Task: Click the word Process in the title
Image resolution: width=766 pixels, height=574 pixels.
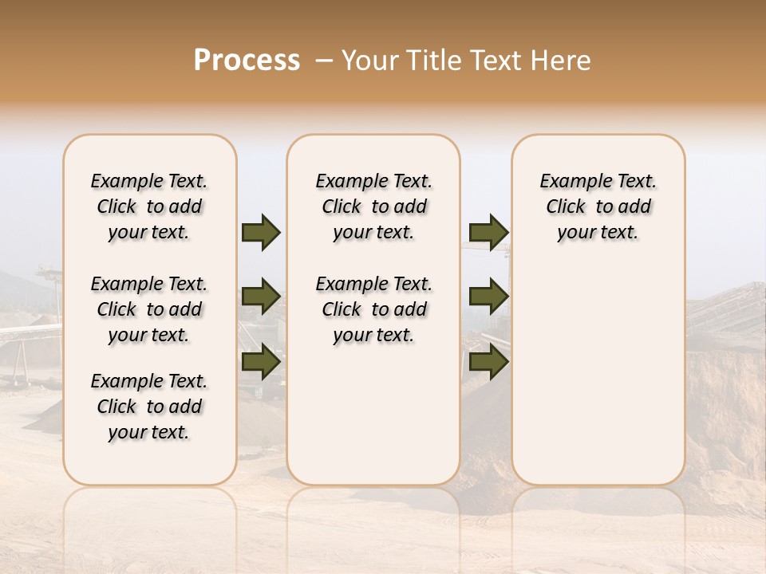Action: point(247,60)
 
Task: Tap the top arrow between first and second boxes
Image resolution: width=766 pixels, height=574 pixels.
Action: point(261,233)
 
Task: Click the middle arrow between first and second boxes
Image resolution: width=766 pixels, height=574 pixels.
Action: point(261,297)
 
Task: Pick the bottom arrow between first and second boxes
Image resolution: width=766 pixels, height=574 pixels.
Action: point(261,362)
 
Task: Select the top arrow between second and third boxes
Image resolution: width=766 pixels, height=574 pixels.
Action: point(488,233)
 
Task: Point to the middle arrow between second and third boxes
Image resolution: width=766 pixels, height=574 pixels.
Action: point(488,297)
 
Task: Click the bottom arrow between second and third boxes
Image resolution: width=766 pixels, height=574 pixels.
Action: point(488,362)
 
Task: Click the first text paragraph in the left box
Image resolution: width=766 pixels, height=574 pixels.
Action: point(149,206)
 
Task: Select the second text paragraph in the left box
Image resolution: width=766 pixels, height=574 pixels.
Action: point(149,309)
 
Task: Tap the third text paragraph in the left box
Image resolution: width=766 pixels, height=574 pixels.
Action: point(149,407)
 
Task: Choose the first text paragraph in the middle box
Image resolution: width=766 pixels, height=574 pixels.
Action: point(374,206)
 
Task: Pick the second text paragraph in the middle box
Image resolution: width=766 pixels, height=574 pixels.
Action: point(374,309)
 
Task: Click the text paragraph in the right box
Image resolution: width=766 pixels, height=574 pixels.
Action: point(598,206)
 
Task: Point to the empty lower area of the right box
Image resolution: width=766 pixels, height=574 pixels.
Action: point(598,375)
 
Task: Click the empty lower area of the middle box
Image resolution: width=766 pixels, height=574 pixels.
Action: point(374,415)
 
